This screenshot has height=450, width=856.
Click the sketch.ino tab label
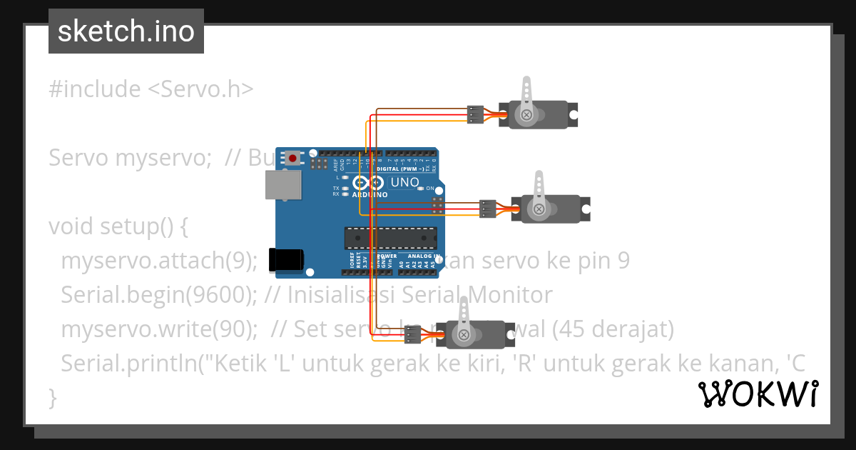[126, 31]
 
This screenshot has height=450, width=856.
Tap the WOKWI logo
[758, 394]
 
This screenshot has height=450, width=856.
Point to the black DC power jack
[288, 260]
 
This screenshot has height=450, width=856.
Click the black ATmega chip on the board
[390, 238]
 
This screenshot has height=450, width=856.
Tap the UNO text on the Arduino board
[404, 182]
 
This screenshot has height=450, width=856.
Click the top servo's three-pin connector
[475, 114]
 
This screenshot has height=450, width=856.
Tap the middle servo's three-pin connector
[488, 209]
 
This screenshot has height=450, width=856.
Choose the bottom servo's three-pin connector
[413, 334]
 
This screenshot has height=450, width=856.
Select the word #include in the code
[95, 89]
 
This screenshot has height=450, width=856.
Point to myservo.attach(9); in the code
[159, 261]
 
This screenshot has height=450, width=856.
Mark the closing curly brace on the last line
[52, 397]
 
